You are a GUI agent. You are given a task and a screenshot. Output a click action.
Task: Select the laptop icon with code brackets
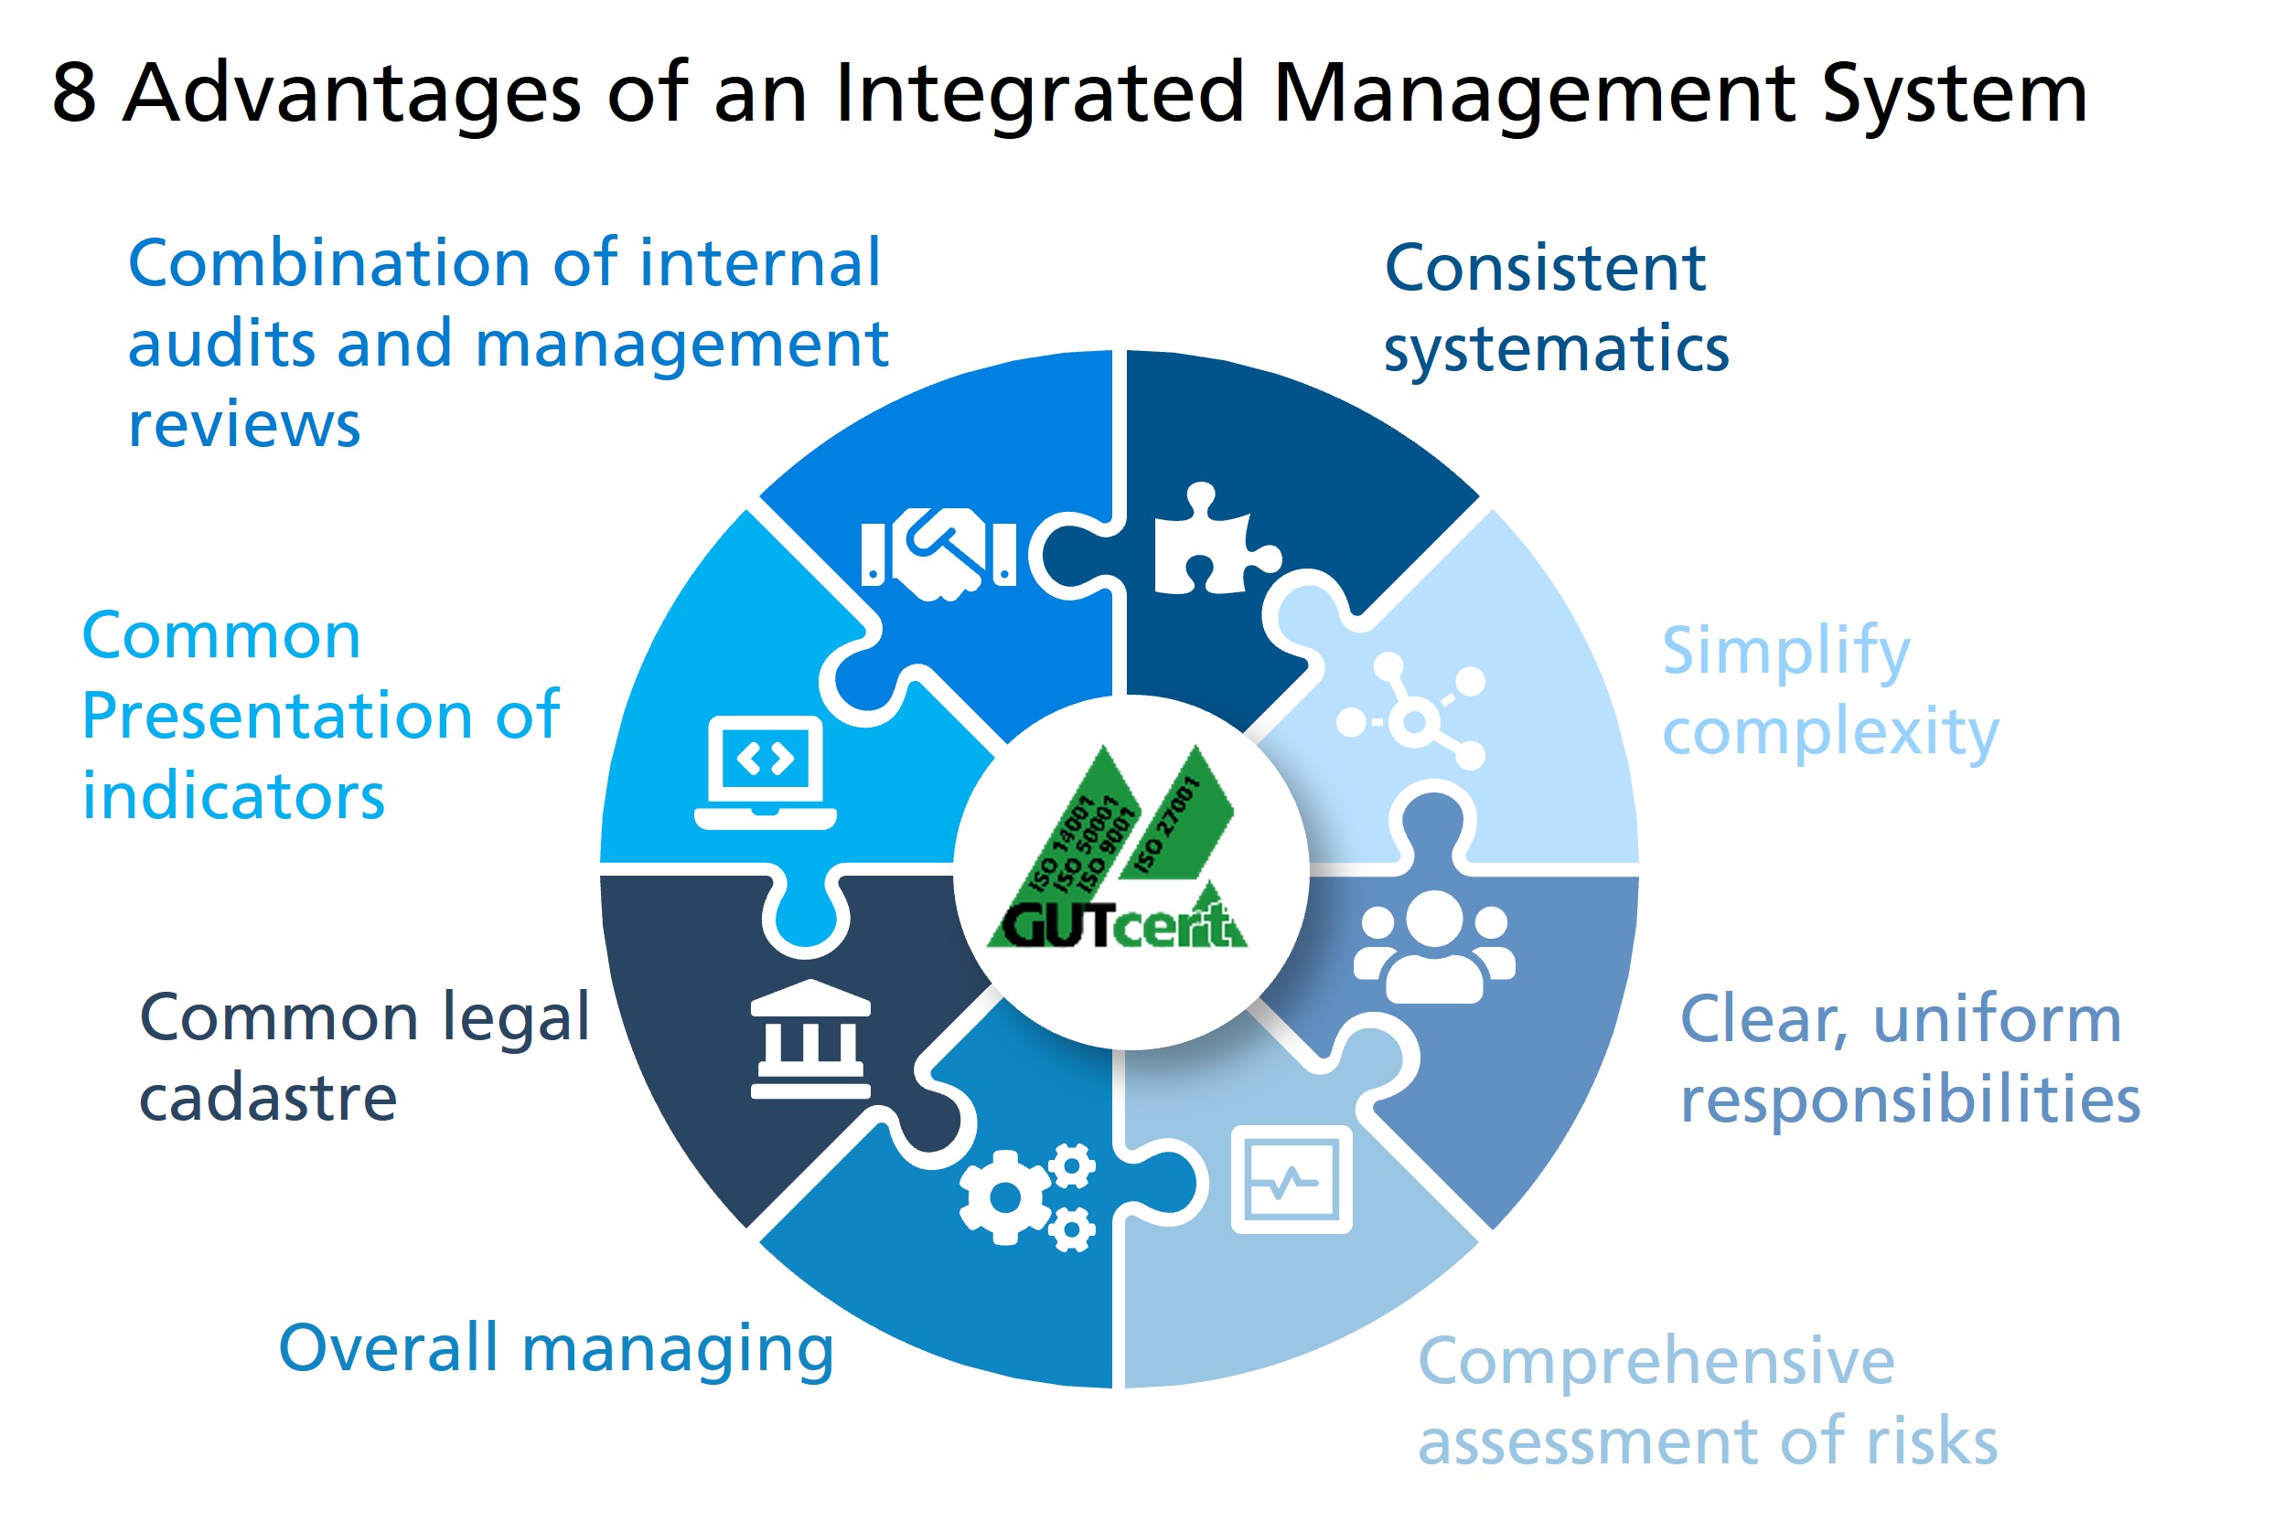765,772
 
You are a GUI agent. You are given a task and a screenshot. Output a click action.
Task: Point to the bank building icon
810,1039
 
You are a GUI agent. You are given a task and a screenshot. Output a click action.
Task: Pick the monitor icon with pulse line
1291,1179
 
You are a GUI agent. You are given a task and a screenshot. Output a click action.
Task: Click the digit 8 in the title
74,93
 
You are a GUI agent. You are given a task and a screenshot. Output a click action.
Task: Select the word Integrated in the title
1038,93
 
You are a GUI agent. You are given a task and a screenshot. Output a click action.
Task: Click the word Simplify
1785,652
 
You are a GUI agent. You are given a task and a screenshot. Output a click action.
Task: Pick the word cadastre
268,1098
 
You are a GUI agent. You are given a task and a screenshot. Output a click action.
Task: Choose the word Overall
388,1347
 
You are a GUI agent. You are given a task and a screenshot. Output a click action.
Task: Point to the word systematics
1556,349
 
